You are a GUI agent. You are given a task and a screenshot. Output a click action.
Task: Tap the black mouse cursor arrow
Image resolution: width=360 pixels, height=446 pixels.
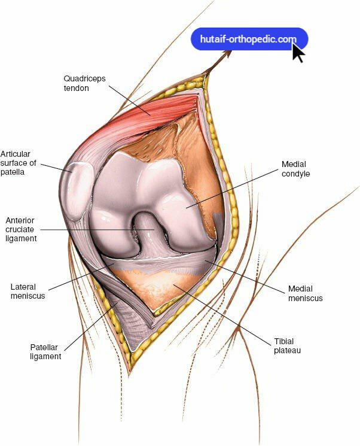point(298,52)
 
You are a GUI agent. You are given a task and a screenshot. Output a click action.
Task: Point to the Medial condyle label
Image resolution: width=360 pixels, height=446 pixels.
point(296,169)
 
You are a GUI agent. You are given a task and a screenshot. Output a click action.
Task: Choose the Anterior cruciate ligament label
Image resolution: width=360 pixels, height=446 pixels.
point(21,229)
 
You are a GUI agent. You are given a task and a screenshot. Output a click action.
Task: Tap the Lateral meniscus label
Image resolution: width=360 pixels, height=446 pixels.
point(28,292)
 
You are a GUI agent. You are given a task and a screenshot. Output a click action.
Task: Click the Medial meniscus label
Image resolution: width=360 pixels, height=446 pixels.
point(305,293)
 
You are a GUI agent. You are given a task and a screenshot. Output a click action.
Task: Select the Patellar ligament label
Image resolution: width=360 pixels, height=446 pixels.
point(45,351)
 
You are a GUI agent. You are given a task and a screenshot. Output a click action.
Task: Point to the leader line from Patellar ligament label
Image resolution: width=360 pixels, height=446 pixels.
point(90,326)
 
